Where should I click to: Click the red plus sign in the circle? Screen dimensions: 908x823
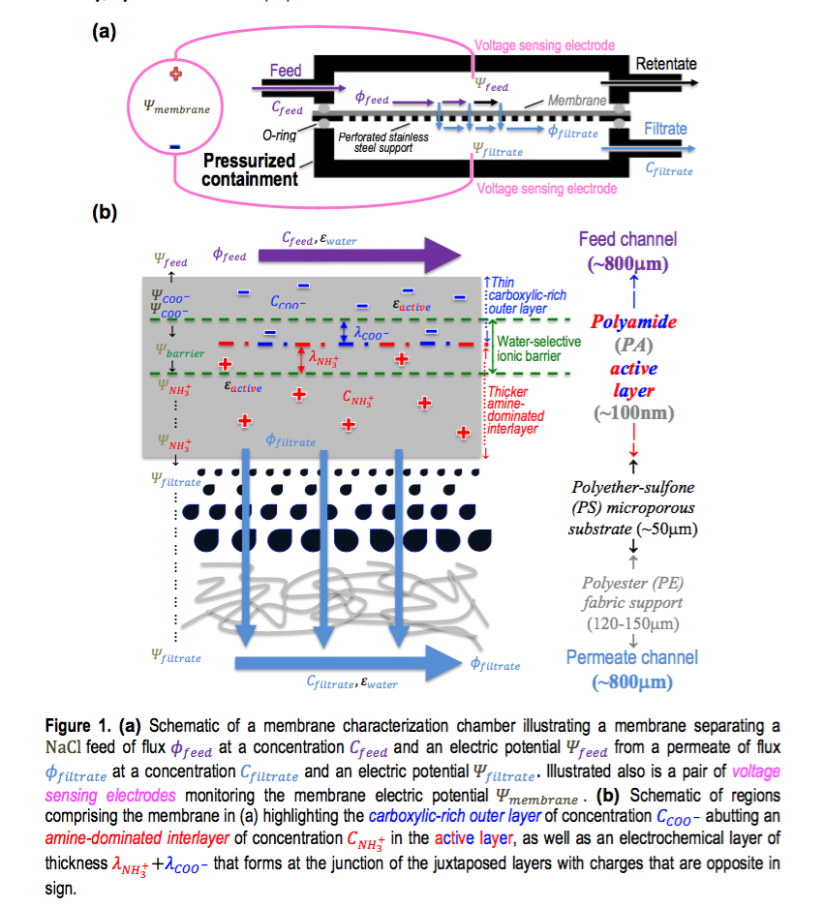coord(174,76)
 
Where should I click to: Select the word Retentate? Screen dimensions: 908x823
coord(665,64)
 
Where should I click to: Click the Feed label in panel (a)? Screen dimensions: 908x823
coord(285,71)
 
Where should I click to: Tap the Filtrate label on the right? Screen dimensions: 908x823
coord(665,129)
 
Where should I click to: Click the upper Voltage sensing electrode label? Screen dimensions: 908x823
coord(544,45)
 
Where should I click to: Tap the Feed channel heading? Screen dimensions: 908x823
coord(627,239)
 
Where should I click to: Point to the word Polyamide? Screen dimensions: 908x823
coord(634,321)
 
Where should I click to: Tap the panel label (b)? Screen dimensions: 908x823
coord(104,212)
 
